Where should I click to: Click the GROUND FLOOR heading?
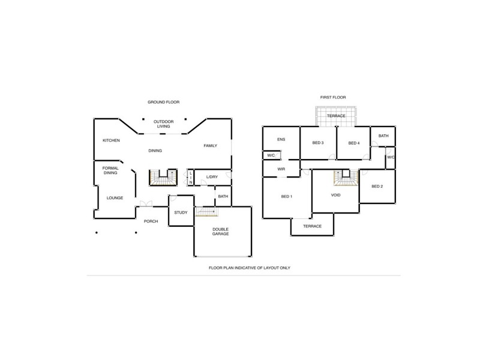(163, 102)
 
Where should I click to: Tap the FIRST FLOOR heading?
(333, 97)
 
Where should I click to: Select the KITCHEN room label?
(111, 140)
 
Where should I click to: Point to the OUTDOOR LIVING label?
(164, 124)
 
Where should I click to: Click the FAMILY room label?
(210, 146)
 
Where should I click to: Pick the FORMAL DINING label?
(110, 170)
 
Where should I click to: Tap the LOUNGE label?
(115, 197)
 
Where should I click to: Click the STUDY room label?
(181, 212)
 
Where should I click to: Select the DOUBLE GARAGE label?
(220, 231)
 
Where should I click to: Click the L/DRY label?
(212, 177)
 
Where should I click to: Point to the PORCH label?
(151, 221)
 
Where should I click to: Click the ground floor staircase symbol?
(163, 178)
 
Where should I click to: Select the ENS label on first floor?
(281, 139)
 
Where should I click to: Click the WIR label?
(281, 169)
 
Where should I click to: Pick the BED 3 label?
(318, 143)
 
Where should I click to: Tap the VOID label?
(336, 196)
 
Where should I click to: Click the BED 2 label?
(377, 186)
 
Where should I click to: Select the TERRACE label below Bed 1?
(312, 226)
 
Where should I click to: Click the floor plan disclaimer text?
(249, 268)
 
